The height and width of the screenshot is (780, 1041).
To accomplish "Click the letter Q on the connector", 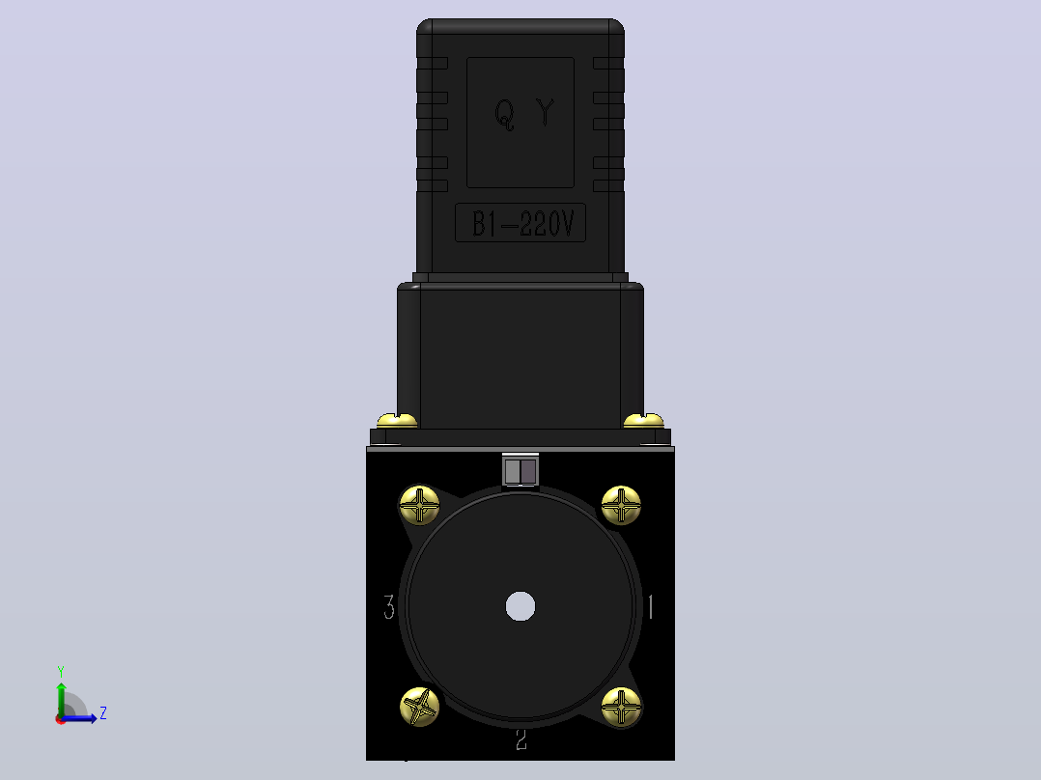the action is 504,115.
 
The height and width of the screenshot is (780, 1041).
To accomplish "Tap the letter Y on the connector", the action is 546,112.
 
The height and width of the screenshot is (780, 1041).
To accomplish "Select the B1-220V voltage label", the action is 520,223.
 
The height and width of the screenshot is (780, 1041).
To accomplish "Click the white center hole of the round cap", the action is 520,606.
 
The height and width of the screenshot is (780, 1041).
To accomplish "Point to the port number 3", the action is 389,607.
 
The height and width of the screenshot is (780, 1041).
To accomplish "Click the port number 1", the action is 651,607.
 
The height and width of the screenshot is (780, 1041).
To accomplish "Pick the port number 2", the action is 521,739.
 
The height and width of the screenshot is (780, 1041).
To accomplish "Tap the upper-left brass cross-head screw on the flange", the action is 419,505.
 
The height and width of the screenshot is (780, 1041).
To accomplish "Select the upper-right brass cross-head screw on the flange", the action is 622,505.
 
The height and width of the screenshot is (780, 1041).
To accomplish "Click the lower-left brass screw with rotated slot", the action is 419,707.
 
